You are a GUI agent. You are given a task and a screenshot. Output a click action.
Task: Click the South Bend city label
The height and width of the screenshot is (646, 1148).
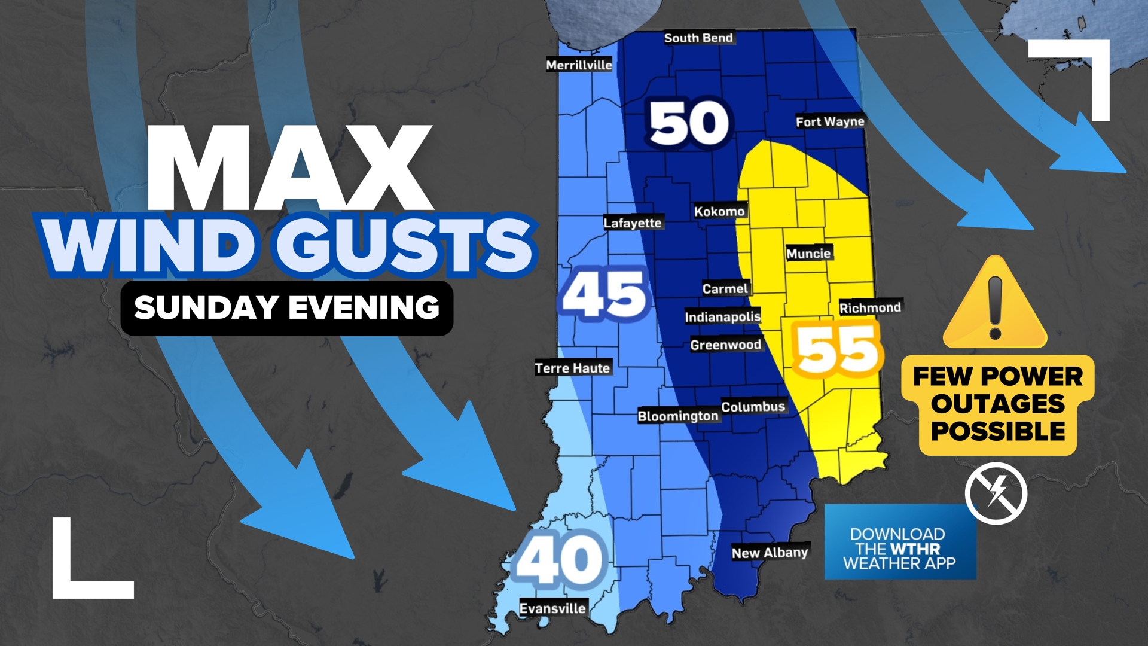coord(698,38)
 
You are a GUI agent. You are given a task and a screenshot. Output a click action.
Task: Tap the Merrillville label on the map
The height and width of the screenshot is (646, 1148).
coord(579,65)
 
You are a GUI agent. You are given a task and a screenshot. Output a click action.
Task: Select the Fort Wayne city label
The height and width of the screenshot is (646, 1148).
coord(830,121)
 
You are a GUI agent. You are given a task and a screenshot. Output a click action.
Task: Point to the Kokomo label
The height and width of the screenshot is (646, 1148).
coord(719,211)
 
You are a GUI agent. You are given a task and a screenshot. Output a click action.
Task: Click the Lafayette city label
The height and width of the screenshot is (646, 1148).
coord(633,223)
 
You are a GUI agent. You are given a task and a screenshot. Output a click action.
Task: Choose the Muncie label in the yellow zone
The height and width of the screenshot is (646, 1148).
coord(808,254)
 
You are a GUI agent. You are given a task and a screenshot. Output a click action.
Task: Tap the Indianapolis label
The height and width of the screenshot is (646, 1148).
coord(722,316)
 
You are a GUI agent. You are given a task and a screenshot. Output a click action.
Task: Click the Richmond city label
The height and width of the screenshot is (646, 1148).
coord(870,308)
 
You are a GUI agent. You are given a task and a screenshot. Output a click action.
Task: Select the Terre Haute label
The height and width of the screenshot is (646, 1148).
coord(572,368)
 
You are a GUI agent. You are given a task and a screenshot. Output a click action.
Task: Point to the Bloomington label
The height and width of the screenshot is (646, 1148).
coord(678,416)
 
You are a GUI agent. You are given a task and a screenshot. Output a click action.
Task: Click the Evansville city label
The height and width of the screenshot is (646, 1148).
coord(552,608)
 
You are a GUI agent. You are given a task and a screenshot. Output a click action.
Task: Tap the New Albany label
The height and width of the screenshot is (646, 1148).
coord(770,553)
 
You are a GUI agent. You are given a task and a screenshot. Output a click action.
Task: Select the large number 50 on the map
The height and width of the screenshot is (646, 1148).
coord(689,124)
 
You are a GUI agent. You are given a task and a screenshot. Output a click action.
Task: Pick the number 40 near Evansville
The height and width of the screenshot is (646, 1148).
coord(561,560)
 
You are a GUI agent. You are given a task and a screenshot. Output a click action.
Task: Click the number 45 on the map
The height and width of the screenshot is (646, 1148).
coord(605,294)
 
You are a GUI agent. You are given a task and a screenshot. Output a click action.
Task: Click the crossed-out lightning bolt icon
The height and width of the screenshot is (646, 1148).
coord(996,493)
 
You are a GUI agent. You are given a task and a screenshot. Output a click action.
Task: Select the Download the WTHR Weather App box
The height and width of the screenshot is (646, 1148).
coord(900,542)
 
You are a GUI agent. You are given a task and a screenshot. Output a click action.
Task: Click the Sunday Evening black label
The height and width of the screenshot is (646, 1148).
coord(287,308)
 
